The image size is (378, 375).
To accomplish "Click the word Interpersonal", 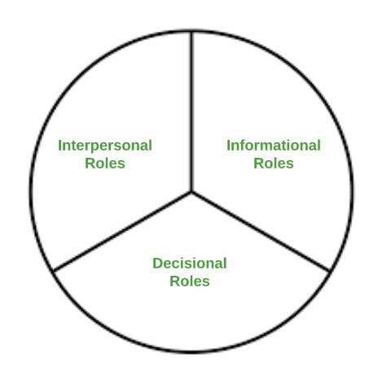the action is [105, 146].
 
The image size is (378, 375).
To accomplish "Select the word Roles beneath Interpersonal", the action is [105, 164].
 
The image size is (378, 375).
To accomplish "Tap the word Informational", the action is [274, 146].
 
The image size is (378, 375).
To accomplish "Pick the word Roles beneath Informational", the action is [274, 164].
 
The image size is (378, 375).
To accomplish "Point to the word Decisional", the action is [190, 264].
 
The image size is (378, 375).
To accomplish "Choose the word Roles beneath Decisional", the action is [190, 281].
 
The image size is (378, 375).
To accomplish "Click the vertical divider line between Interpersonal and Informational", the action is [191, 111].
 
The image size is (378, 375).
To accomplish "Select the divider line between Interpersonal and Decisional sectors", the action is [122, 232].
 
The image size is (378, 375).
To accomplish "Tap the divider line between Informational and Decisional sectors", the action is [261, 232].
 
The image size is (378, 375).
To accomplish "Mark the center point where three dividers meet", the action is [191, 192].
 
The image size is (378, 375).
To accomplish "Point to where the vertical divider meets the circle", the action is [191, 31].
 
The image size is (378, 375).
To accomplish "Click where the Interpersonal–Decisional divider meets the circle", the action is [54, 271].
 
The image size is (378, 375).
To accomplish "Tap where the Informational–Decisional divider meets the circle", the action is [330, 271].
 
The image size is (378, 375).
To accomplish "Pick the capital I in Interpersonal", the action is [59, 146].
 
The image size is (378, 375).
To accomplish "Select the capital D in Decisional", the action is [158, 264].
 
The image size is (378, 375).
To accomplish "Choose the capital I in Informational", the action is [228, 146].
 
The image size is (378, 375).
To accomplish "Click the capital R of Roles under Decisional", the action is [175, 281].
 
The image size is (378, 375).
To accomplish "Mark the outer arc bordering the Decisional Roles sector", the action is [191, 352].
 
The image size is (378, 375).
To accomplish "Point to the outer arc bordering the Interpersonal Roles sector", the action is [52, 111].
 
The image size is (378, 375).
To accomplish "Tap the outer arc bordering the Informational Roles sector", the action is [331, 111].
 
